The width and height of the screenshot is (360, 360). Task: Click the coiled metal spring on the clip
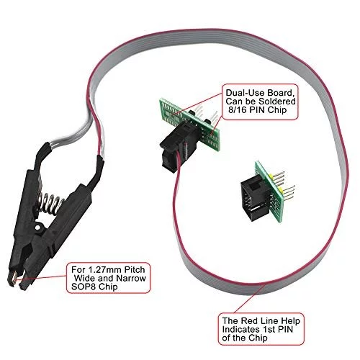tap(51, 203)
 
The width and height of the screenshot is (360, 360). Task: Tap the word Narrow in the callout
tap(131, 278)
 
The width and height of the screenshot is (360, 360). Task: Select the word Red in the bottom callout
tap(249, 320)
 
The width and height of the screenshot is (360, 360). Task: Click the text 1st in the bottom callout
tap(269, 329)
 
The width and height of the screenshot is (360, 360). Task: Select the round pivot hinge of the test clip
tap(39, 226)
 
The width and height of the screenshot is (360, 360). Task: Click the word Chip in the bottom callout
tap(258, 338)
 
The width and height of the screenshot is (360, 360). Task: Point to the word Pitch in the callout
tap(134, 269)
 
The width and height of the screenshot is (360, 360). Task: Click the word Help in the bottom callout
tap(290, 320)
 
